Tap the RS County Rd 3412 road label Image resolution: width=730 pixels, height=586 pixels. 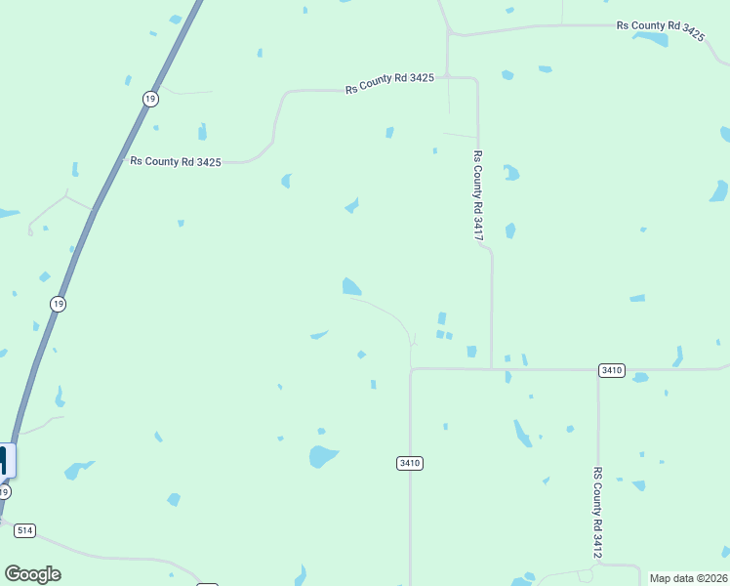tap(597, 513)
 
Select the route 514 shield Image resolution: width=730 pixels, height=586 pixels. tap(24, 530)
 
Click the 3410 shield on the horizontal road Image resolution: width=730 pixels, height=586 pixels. tap(612, 370)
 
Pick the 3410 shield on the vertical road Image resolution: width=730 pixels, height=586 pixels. tap(410, 463)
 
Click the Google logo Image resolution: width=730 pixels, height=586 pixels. tap(32, 574)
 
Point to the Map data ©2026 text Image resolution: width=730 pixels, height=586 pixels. tap(688, 578)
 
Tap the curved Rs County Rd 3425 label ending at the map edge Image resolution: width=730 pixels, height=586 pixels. tap(660, 29)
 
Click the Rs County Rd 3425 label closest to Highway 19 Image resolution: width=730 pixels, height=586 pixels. tap(176, 161)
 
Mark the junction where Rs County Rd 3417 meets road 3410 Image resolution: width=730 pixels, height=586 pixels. tap(491, 369)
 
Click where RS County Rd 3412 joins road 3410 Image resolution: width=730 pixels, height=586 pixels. tap(597, 369)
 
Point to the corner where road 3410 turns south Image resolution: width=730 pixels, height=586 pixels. tap(411, 370)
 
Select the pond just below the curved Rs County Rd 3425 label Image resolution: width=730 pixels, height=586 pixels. tap(650, 40)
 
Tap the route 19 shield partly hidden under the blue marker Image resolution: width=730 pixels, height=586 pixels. tap(5, 492)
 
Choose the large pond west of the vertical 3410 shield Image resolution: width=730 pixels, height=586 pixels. tap(321, 456)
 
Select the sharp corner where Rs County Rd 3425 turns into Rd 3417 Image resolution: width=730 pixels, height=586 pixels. tap(476, 78)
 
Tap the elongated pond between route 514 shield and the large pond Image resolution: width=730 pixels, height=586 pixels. tap(77, 470)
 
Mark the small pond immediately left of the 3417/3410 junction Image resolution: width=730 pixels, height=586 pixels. tap(471, 352)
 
